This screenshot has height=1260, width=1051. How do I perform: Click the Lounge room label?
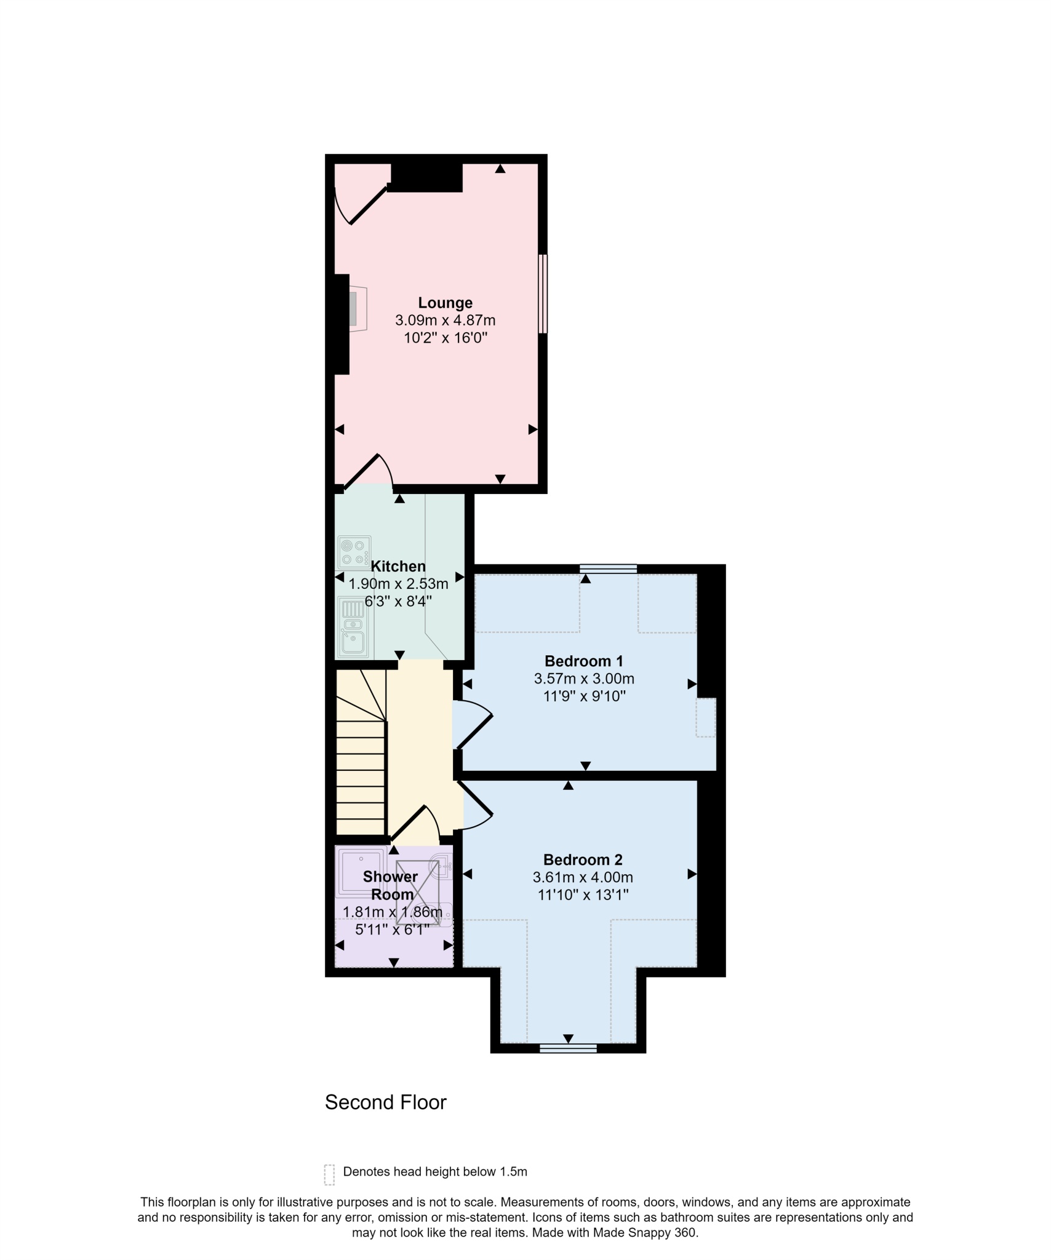[x=445, y=303]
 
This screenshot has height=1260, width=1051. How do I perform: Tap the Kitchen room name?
[x=398, y=566]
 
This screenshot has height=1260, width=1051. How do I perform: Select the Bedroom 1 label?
[x=583, y=661]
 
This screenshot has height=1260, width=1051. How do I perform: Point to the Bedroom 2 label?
[x=583, y=859]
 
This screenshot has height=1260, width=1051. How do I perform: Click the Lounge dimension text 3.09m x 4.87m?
[x=445, y=320]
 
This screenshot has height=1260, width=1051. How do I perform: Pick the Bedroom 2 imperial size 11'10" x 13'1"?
[x=583, y=895]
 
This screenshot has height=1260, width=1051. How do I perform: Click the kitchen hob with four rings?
[x=354, y=552]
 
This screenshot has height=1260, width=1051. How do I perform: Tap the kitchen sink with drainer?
[x=354, y=628]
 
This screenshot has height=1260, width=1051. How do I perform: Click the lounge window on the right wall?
[x=543, y=294]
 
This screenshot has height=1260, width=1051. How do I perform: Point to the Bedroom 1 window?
[x=608, y=569]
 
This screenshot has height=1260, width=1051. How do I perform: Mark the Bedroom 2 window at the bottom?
[x=568, y=1048]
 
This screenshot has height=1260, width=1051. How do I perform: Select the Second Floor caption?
[x=386, y=1102]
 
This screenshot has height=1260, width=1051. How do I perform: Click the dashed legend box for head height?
[x=329, y=1174]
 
